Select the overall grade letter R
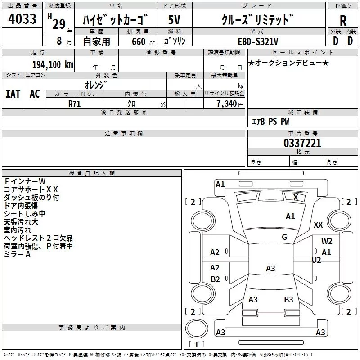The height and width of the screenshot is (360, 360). [343, 21]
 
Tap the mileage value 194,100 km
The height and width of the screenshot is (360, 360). [53, 64]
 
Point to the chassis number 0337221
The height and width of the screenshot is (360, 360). [302, 144]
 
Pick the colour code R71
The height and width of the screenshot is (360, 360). [75, 103]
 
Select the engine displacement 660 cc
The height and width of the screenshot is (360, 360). [138, 41]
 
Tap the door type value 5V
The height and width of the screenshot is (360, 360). [175, 20]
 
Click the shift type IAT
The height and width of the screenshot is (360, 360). [13, 94]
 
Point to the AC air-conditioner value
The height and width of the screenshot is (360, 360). [35, 94]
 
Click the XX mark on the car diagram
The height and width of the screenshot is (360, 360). [318, 225]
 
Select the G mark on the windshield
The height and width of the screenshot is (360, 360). [284, 237]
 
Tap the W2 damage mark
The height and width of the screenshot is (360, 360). [327, 241]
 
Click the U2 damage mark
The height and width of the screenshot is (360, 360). [316, 260]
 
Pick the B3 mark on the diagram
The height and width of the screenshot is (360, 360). [288, 299]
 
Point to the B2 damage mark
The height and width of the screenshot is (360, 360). [215, 279]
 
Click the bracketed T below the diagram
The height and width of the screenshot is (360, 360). [197, 345]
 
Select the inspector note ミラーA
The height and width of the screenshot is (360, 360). [17, 254]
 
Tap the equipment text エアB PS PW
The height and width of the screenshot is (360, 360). [270, 121]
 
